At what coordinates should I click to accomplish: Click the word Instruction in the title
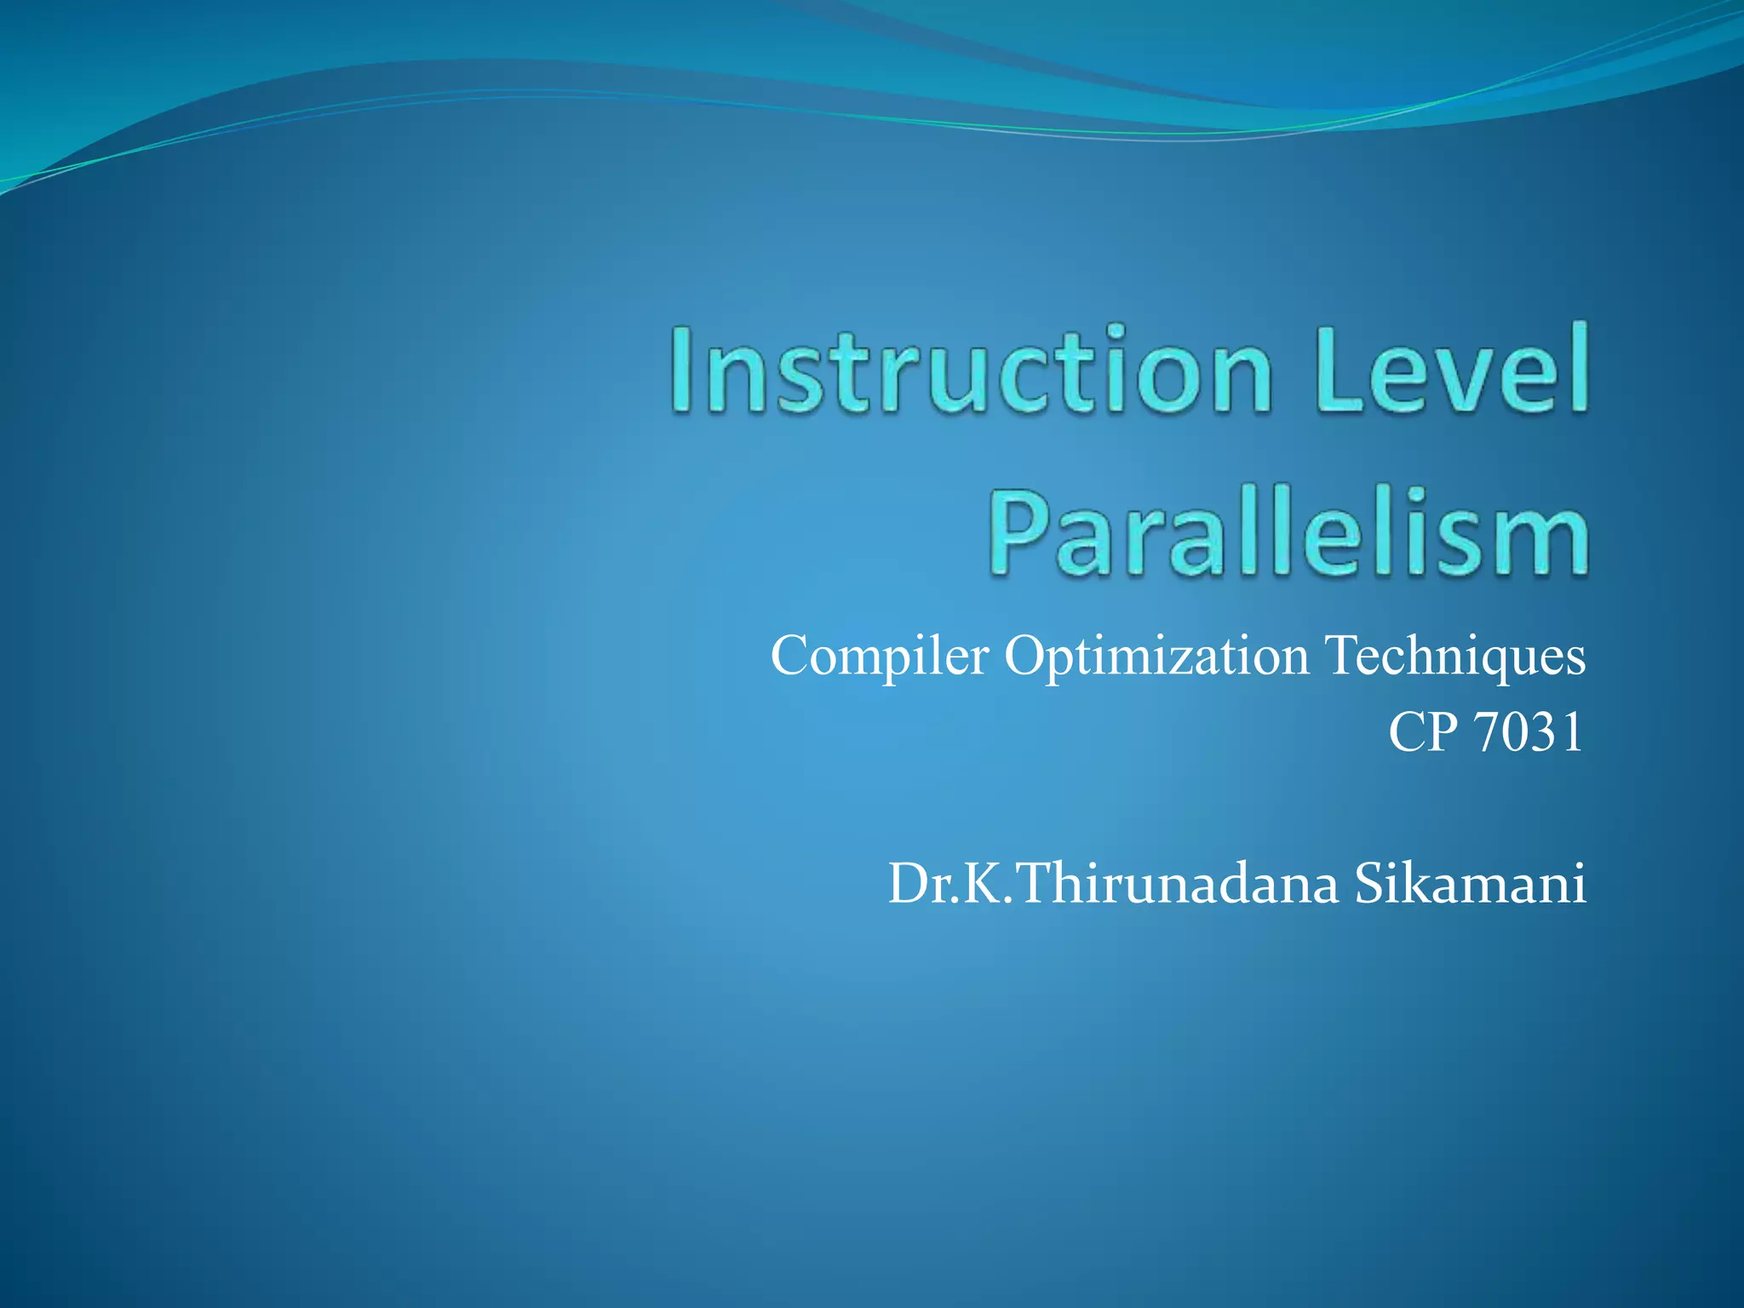point(971,371)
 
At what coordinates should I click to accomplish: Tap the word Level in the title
point(1451,371)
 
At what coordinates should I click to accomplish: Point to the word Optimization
point(1156,657)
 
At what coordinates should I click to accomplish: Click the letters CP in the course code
point(1423,732)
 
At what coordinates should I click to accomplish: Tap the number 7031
point(1529,732)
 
